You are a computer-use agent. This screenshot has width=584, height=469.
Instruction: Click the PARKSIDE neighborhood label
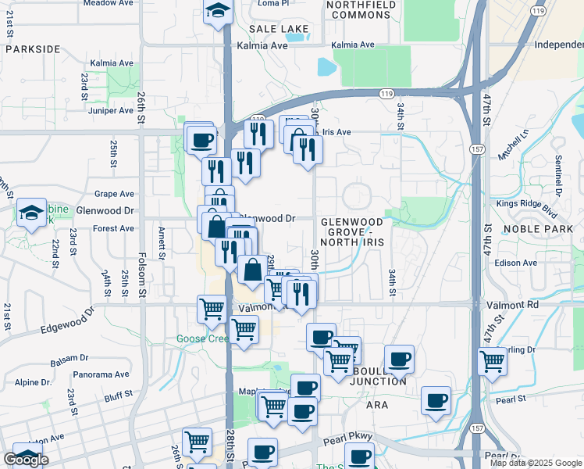[32, 48]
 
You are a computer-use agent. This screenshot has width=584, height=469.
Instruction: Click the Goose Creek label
[201, 338]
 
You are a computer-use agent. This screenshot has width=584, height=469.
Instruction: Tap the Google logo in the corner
[27, 459]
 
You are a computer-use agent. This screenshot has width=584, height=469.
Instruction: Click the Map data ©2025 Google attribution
[535, 463]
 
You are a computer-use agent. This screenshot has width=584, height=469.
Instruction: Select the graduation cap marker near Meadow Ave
[217, 12]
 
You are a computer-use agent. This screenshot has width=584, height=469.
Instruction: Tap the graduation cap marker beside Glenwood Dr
[31, 212]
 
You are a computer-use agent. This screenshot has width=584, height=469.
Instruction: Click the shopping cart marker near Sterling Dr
[492, 360]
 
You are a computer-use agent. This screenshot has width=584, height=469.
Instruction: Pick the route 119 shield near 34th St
[386, 93]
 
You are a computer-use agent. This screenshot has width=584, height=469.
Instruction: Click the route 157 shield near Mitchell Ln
[475, 149]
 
